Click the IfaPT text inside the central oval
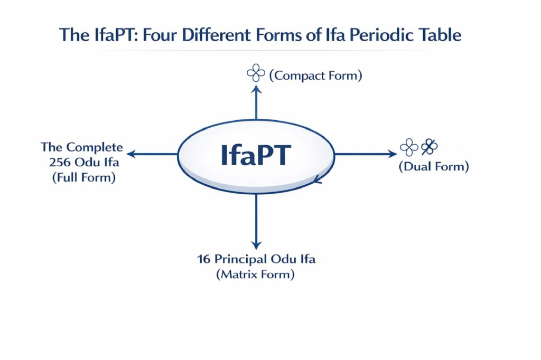pyautogui.click(x=256, y=155)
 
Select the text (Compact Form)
pyautogui.click(x=315, y=75)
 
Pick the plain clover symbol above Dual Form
pyautogui.click(x=409, y=147)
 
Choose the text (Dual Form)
pyautogui.click(x=433, y=167)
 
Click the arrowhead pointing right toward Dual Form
pyautogui.click(x=393, y=154)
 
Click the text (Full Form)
pyautogui.click(x=83, y=177)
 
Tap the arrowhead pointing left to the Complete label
pyautogui.click(x=131, y=154)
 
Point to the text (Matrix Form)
pyautogui.click(x=256, y=274)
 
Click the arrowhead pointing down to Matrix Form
pyautogui.click(x=256, y=245)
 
